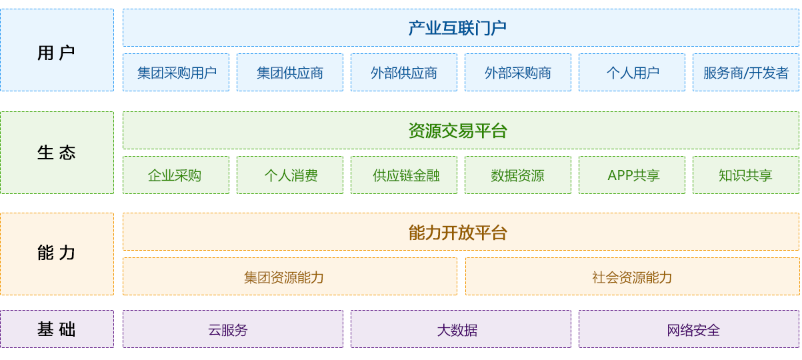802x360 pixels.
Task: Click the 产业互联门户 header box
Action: (461, 27)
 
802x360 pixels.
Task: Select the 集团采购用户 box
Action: (176, 73)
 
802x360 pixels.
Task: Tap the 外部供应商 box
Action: (404, 73)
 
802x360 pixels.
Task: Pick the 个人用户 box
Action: (632, 73)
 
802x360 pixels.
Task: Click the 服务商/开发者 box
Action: (746, 73)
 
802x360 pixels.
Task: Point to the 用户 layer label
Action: (57, 53)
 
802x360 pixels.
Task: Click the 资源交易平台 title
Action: (457, 131)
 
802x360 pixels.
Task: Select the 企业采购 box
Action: (176, 175)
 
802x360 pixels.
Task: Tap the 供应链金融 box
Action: (404, 175)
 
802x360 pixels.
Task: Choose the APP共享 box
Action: (632, 175)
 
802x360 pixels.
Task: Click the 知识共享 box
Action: (746, 175)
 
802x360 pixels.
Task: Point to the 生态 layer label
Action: (57, 153)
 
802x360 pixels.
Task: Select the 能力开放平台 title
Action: (457, 232)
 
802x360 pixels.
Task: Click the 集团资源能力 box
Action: (290, 276)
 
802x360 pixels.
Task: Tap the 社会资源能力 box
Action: (632, 276)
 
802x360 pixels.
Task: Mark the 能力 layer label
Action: (57, 253)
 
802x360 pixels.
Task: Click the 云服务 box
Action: (233, 329)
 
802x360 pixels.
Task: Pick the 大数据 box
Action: (461, 329)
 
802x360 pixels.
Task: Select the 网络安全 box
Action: (689, 329)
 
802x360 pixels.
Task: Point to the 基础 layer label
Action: (57, 329)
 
